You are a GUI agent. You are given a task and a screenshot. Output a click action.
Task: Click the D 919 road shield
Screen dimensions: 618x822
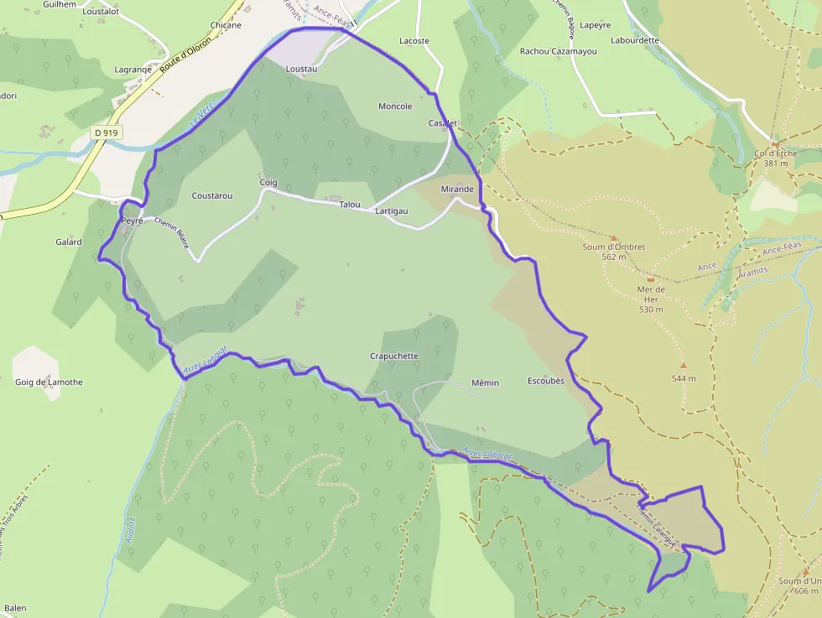pos(107,132)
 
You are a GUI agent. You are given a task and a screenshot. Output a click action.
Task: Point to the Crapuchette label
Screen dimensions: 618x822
pos(394,356)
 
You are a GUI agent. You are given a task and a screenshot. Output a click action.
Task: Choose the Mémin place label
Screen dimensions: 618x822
pos(485,383)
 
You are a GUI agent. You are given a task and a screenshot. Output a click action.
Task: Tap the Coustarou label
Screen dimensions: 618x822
pos(212,195)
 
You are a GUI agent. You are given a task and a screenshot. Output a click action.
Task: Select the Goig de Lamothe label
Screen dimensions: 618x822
pos(49,382)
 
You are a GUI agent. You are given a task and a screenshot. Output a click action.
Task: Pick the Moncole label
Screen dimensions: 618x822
pos(395,106)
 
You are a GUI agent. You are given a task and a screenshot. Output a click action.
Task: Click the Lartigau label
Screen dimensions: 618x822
pos(392,211)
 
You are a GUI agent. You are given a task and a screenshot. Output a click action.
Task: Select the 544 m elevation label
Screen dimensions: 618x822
pos(684,379)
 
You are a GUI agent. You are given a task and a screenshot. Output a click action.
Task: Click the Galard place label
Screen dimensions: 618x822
pos(69,242)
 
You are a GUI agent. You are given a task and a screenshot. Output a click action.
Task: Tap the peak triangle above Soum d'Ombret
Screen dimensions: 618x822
pos(613,238)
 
